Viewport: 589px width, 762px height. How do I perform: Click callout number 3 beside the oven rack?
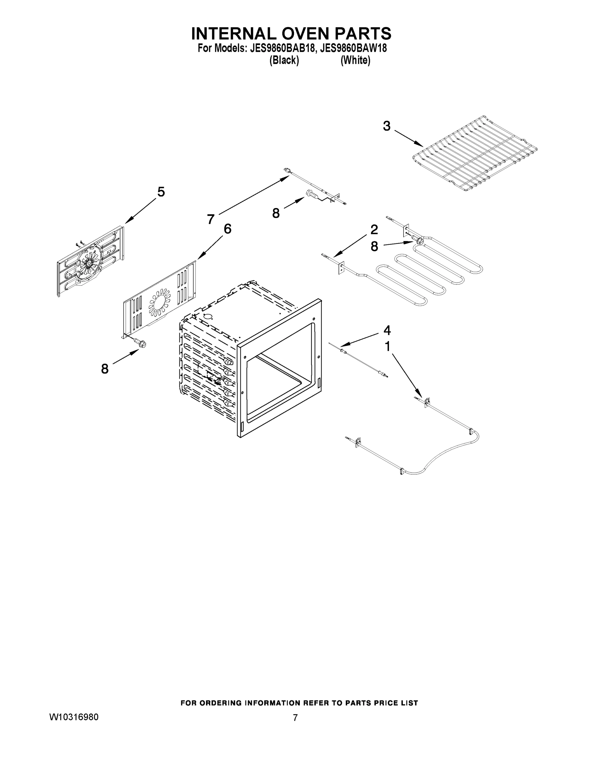point(386,126)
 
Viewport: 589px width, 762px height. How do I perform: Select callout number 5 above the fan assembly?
point(161,192)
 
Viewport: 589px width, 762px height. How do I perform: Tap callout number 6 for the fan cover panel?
point(227,229)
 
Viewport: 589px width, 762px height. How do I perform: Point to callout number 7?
point(211,219)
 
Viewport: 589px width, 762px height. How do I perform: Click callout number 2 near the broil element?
point(374,230)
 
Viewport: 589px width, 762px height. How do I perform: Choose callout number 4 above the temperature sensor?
point(387,330)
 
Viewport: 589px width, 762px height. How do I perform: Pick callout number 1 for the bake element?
point(387,346)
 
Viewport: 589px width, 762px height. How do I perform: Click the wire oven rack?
point(475,154)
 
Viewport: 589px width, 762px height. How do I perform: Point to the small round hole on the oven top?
point(208,317)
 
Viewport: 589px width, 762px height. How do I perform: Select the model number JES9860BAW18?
point(353,48)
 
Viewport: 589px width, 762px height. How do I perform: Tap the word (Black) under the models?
point(284,60)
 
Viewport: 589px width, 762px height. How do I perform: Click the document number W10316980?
point(74,717)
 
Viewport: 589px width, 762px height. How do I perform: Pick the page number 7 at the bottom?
point(295,718)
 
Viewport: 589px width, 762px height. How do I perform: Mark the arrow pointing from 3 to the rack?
point(409,138)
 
